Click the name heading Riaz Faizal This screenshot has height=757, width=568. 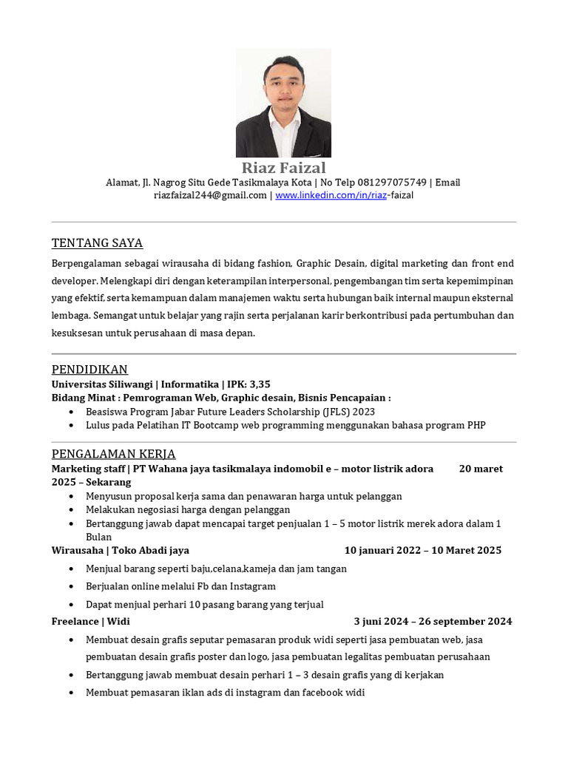click(283, 168)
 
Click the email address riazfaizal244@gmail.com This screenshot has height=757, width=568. click(210, 195)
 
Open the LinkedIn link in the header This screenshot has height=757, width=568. click(344, 195)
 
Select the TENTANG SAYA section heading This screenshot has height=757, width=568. click(97, 243)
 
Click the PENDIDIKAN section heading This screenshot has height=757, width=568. click(89, 370)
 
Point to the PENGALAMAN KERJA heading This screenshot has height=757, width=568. click(113, 454)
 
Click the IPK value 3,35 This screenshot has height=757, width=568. click(260, 384)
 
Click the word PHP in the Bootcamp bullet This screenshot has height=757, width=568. click(476, 425)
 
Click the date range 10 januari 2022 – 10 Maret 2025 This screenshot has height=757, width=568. click(423, 550)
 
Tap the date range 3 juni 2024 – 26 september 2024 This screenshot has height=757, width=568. click(433, 621)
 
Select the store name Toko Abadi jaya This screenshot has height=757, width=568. click(151, 550)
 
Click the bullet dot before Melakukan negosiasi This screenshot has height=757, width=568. click(70, 510)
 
